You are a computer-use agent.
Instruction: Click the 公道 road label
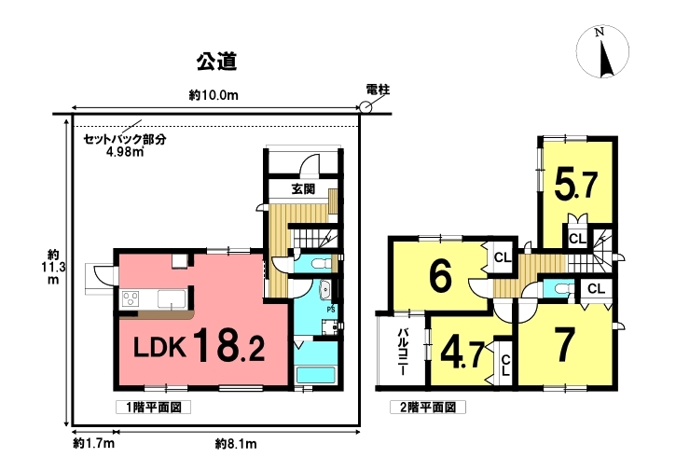217,62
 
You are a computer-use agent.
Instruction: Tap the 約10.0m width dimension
214,95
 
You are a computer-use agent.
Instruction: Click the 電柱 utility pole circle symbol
366,107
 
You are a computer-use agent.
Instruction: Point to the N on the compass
599,33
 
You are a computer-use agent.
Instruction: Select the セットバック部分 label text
125,140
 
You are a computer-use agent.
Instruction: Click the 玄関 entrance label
304,189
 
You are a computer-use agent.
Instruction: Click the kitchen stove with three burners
131,298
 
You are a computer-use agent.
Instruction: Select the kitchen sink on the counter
172,298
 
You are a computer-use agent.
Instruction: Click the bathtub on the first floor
316,374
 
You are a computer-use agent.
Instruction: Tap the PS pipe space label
331,310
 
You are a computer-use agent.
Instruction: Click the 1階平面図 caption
154,408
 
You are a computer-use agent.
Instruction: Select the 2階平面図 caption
428,408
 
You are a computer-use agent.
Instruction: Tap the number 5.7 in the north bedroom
576,185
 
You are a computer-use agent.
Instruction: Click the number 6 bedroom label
441,275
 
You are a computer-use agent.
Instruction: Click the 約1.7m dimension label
93,443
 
